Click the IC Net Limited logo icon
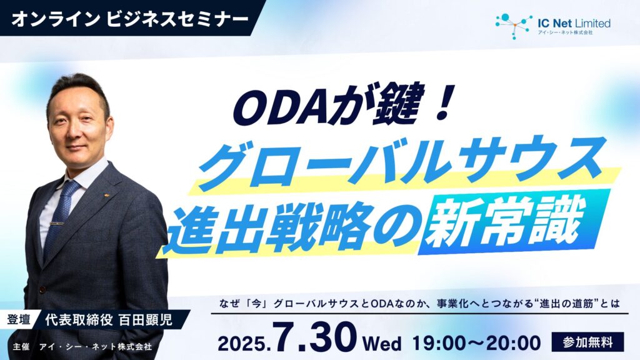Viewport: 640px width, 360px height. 514,26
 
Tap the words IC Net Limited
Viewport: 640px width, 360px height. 574,23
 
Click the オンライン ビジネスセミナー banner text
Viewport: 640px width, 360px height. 130,19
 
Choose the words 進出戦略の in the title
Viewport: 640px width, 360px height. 291,226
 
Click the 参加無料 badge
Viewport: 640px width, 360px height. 587,342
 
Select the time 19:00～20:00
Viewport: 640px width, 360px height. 476,343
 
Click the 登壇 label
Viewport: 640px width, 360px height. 19,319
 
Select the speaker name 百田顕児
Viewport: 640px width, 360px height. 145,320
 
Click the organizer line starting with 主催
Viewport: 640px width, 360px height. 82,347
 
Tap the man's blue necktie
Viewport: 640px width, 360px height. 61,217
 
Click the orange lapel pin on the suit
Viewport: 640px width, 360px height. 106,195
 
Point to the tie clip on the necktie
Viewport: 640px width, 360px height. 57,224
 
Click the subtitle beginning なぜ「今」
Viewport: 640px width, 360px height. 419,304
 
